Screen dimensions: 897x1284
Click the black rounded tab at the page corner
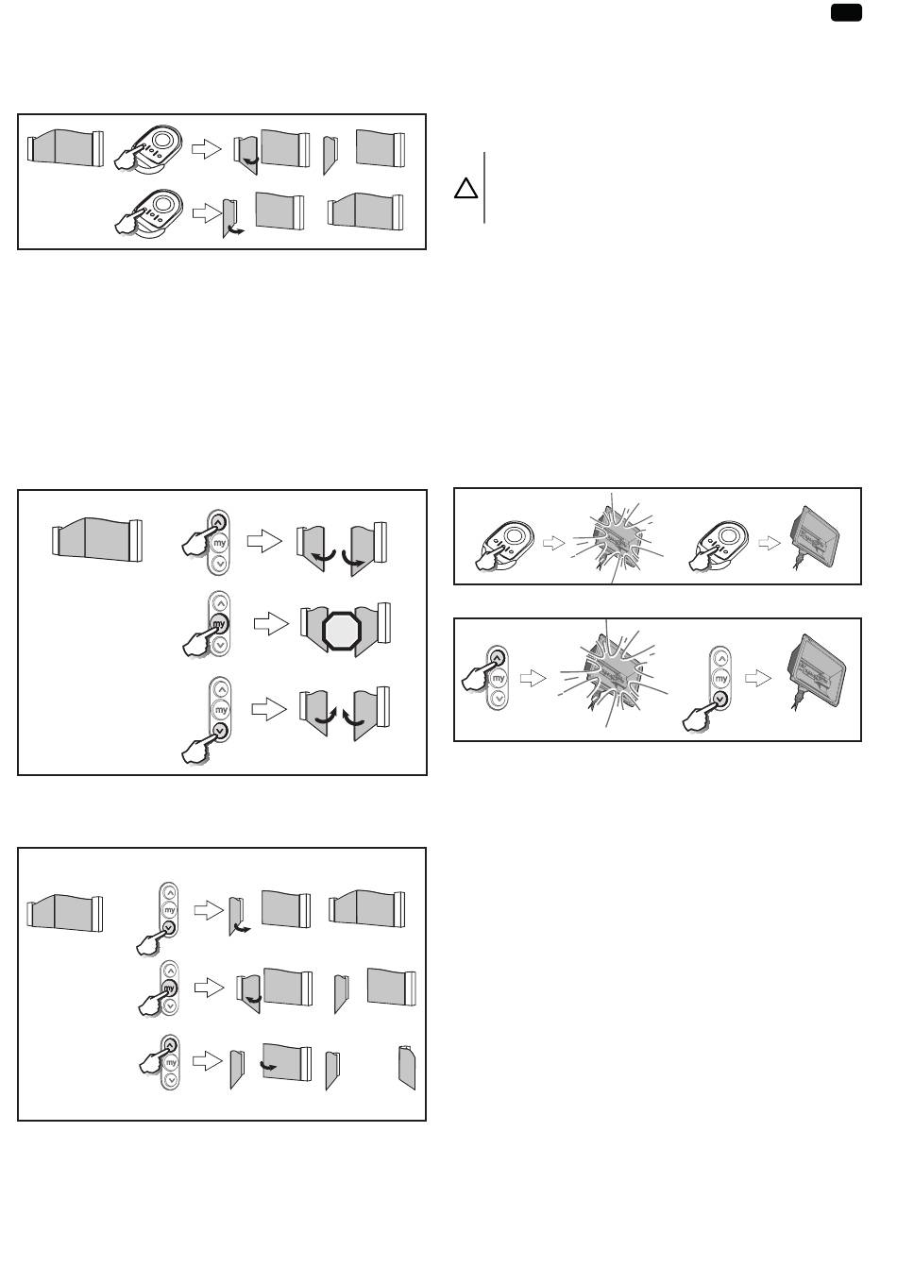coord(846,12)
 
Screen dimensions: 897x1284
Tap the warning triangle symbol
coord(466,188)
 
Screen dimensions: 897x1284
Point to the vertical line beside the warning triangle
coord(484,188)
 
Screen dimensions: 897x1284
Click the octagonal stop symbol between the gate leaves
coord(342,631)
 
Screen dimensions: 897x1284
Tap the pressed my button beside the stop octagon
coord(219,623)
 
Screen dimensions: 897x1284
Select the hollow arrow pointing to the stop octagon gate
coord(271,624)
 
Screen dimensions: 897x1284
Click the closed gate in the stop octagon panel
coord(97,539)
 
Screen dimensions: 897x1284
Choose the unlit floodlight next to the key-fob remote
coord(815,538)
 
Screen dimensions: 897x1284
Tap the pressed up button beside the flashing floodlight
coord(498,657)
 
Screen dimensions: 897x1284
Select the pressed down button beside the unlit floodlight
coord(720,699)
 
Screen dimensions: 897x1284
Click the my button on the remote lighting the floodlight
coord(499,678)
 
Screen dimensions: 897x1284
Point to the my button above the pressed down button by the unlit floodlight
coord(720,679)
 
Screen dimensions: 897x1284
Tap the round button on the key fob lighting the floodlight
coord(515,536)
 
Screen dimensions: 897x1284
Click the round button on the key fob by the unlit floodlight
coord(729,536)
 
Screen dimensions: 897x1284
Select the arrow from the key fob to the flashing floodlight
coord(553,542)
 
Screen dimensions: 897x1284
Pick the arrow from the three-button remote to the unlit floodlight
coord(758,679)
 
